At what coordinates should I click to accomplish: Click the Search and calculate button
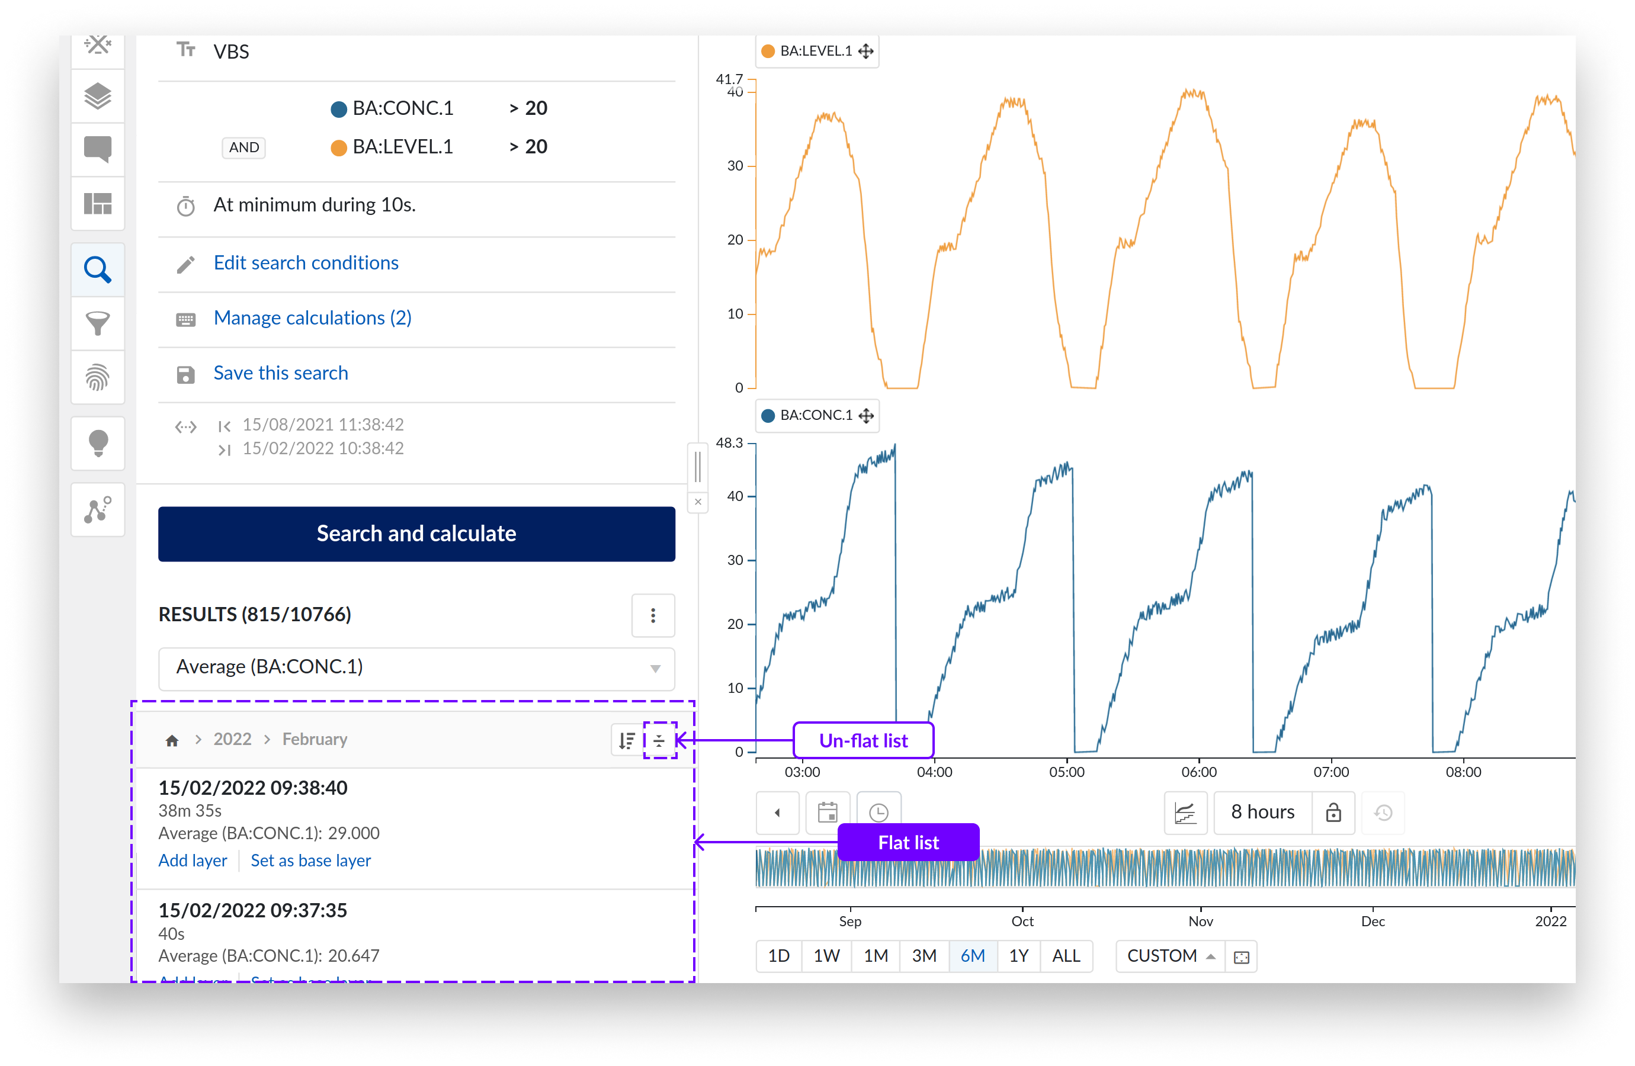pyautogui.click(x=416, y=534)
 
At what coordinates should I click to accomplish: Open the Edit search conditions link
pyautogui.click(x=306, y=263)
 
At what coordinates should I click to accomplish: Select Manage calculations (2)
pyautogui.click(x=313, y=318)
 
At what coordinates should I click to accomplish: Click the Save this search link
pyautogui.click(x=280, y=373)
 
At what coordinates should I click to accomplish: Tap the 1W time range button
pyautogui.click(x=826, y=955)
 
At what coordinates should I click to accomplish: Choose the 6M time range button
pyautogui.click(x=972, y=955)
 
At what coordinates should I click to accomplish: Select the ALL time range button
pyautogui.click(x=1066, y=955)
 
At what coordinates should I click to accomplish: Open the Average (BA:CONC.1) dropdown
pyautogui.click(x=416, y=667)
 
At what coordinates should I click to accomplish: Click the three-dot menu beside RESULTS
pyautogui.click(x=653, y=615)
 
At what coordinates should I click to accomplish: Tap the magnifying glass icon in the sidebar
pyautogui.click(x=98, y=270)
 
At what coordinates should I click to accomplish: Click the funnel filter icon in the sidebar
pyautogui.click(x=98, y=323)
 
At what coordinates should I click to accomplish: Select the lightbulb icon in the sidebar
pyautogui.click(x=98, y=443)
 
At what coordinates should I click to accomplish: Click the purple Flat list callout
pyautogui.click(x=908, y=842)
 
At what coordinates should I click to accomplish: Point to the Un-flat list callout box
pyautogui.click(x=863, y=740)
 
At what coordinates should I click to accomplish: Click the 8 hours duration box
pyautogui.click(x=1262, y=813)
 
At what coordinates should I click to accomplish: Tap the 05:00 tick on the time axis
pyautogui.click(x=1066, y=771)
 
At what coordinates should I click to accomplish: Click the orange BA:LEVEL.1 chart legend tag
pyautogui.click(x=816, y=52)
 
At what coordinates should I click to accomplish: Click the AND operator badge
pyautogui.click(x=244, y=147)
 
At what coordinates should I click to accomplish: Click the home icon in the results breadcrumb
pyautogui.click(x=172, y=740)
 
